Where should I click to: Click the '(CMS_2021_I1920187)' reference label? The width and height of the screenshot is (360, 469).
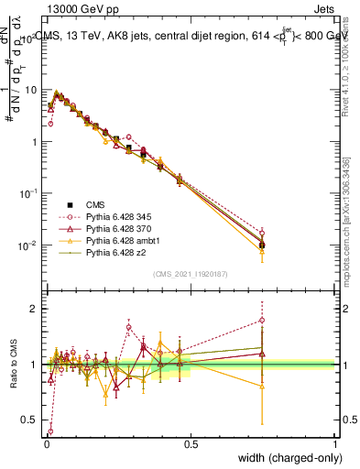(x=191, y=274)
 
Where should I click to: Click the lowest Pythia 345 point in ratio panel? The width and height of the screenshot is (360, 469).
(x=50, y=431)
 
